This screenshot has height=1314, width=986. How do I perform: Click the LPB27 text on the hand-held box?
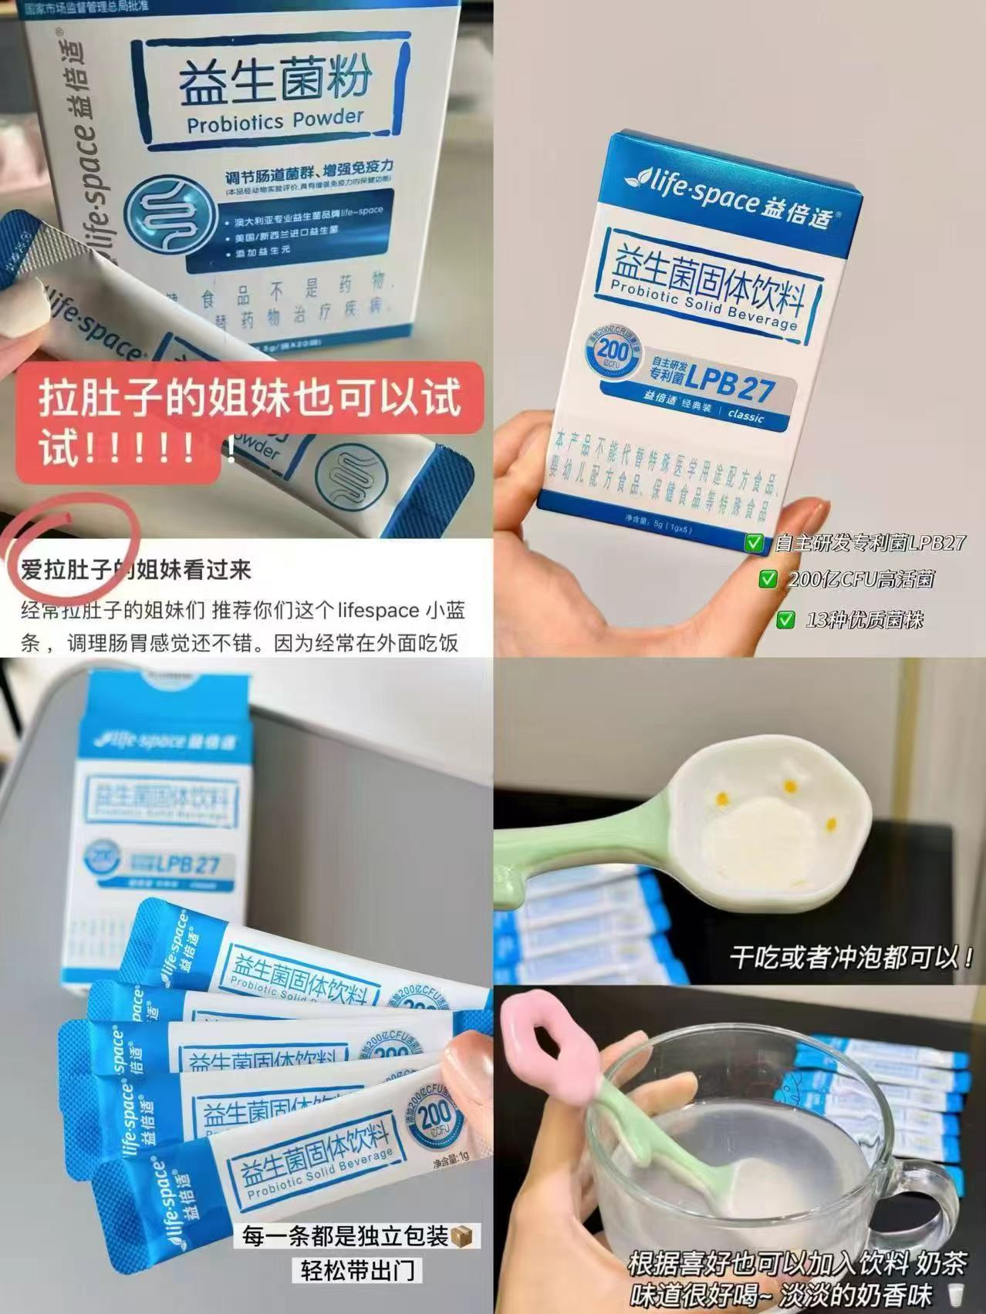[729, 386]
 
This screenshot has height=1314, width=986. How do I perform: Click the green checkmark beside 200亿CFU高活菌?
[768, 579]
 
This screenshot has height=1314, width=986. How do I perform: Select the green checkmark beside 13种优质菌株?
[785, 618]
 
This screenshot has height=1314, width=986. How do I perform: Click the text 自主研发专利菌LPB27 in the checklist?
[869, 543]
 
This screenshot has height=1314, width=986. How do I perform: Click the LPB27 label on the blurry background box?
[189, 863]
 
